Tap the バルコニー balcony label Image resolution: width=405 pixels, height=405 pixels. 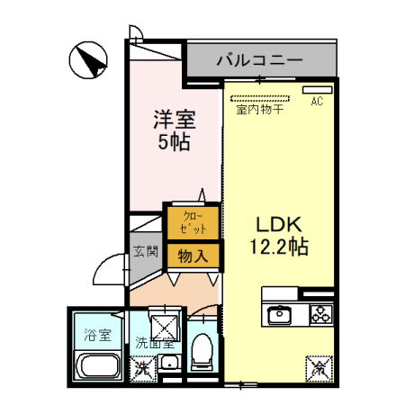258,61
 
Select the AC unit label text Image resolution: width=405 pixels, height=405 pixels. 316,103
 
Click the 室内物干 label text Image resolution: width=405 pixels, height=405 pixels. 260,111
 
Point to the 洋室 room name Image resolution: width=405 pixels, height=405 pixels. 174,119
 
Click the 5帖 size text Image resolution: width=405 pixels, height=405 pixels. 174,141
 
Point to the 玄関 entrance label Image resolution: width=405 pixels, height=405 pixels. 146,251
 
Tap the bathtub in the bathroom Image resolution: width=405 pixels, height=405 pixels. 97,367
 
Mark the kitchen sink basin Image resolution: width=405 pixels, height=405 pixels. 279,316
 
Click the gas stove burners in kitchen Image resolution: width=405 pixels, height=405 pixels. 321,315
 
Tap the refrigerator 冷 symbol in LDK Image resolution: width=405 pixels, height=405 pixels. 319,367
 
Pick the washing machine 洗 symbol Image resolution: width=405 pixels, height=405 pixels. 141,367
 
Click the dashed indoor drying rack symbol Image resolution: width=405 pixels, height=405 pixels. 258,97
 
